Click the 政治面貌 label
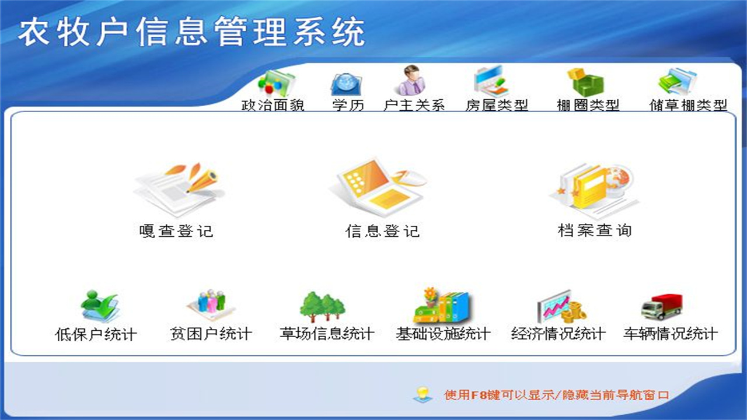273,106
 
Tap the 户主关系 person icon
413,80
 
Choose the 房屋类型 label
497,106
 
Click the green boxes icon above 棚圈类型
587,82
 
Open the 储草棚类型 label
689,106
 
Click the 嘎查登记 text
176,230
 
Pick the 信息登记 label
382,230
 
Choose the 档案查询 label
595,230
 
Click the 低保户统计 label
96,334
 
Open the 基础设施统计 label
443,334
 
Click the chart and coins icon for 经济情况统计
560,306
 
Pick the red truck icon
662,307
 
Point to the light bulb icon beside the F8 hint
423,394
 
